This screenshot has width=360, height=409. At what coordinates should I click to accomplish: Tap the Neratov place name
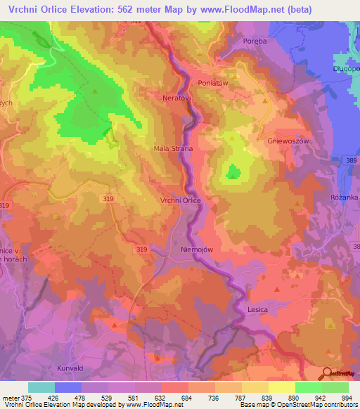coord(176,98)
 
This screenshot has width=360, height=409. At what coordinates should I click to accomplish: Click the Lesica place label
coord(258,309)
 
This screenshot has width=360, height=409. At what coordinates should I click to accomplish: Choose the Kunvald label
coord(72,367)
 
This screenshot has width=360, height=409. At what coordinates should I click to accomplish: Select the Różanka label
coord(345,197)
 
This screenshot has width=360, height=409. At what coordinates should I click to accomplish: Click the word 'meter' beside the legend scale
coord(10,398)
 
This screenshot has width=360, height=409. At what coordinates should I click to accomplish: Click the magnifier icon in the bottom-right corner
coord(326,373)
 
